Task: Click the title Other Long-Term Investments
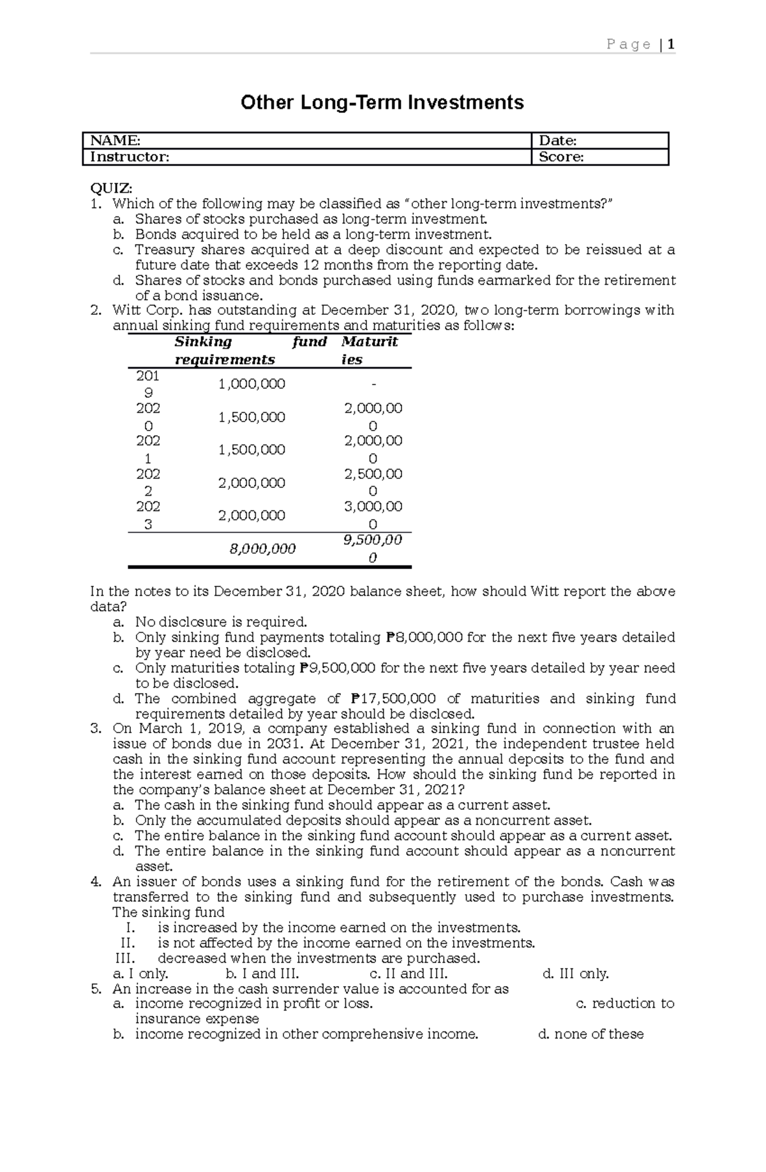tap(382, 102)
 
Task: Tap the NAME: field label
tap(115, 141)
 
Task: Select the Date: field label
tap(558, 141)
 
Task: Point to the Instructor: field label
tap(130, 157)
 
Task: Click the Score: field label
tap(561, 157)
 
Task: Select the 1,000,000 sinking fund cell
tap(252, 384)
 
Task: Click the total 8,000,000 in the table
tap(262, 549)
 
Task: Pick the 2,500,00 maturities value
tap(373, 474)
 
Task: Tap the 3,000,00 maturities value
tap(373, 506)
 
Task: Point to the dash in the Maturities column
tap(373, 384)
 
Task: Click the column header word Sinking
tap(204, 342)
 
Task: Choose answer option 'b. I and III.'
tap(262, 973)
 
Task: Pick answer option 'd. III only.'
tap(575, 973)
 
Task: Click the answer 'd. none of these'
tap(590, 1034)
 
